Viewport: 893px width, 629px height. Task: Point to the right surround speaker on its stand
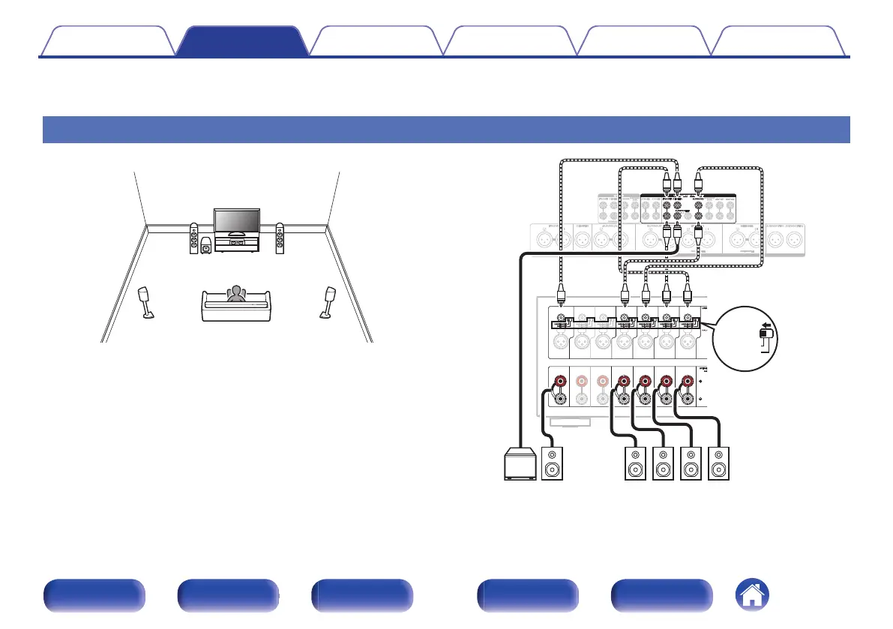(328, 301)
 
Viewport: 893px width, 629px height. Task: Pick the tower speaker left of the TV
(194, 238)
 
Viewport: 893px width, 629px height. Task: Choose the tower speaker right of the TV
(280, 238)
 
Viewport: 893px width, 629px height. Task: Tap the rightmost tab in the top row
(779, 41)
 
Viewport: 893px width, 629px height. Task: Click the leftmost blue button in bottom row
(94, 596)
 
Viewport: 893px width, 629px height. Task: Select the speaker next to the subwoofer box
(552, 464)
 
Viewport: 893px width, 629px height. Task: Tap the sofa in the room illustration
(236, 307)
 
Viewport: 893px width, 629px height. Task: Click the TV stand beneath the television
(235, 244)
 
